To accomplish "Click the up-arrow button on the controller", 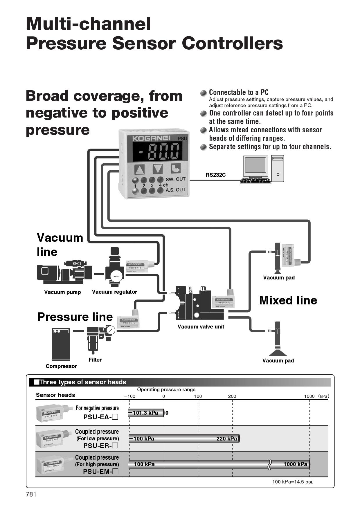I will tap(140, 169).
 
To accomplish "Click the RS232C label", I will tap(215, 175).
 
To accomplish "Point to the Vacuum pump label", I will tap(62, 292).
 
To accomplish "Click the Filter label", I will tap(95, 360).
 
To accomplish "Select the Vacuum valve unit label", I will tap(201, 327).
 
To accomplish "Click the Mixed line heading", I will tap(288, 300).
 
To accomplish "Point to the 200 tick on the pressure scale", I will tap(232, 396).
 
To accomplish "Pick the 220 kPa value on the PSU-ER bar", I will tap(226, 439).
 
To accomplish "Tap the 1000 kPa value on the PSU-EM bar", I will tap(295, 464).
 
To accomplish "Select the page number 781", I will tap(31, 494).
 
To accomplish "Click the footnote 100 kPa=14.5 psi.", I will tap(292, 482).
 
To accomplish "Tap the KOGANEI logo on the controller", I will tap(151, 138).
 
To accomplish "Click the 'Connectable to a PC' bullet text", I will tap(239, 93).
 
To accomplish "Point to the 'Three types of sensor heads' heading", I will tap(82, 382).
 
